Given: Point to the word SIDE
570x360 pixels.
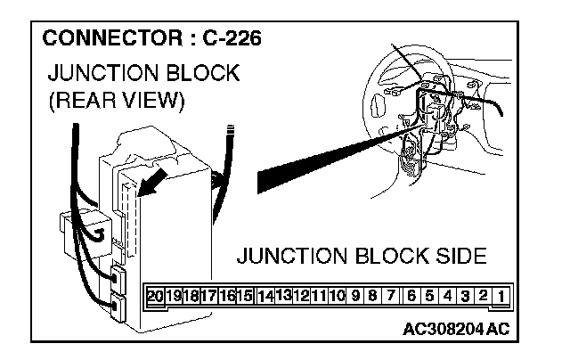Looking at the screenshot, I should (458, 258).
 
